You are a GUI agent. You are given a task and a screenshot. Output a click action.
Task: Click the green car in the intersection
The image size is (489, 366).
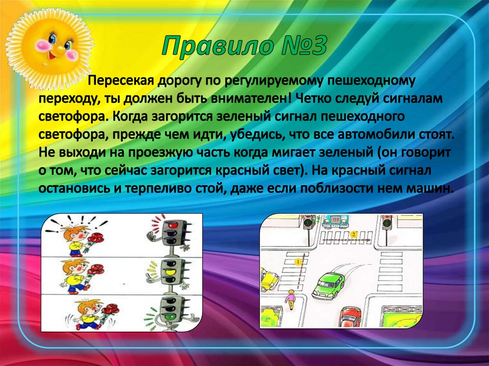(x=329, y=285)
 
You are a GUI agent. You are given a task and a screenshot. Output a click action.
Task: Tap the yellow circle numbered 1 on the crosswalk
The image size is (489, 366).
(x=297, y=261)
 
